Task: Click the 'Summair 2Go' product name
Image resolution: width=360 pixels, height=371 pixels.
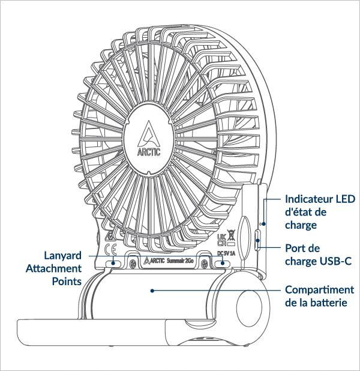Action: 179,262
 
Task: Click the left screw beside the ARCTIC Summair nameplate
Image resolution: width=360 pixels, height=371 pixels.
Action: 124,262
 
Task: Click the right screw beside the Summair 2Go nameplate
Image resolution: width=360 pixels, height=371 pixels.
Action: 205,262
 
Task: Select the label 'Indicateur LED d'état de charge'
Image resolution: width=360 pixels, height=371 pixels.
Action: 320,211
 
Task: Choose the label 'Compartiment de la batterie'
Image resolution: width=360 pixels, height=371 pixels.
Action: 319,296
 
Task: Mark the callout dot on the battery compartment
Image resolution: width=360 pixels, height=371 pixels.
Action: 153,291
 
